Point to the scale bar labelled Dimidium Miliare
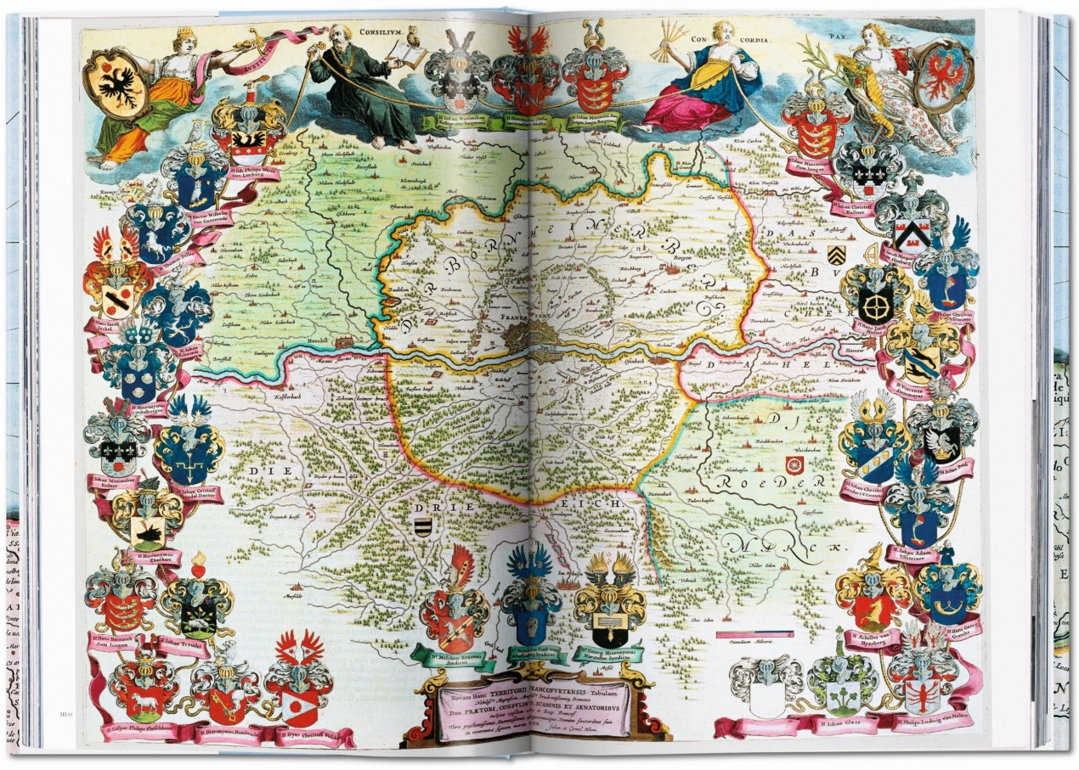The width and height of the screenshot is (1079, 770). pyautogui.click(x=754, y=634)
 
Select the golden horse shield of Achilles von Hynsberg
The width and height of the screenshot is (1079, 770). pyautogui.click(x=873, y=606)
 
